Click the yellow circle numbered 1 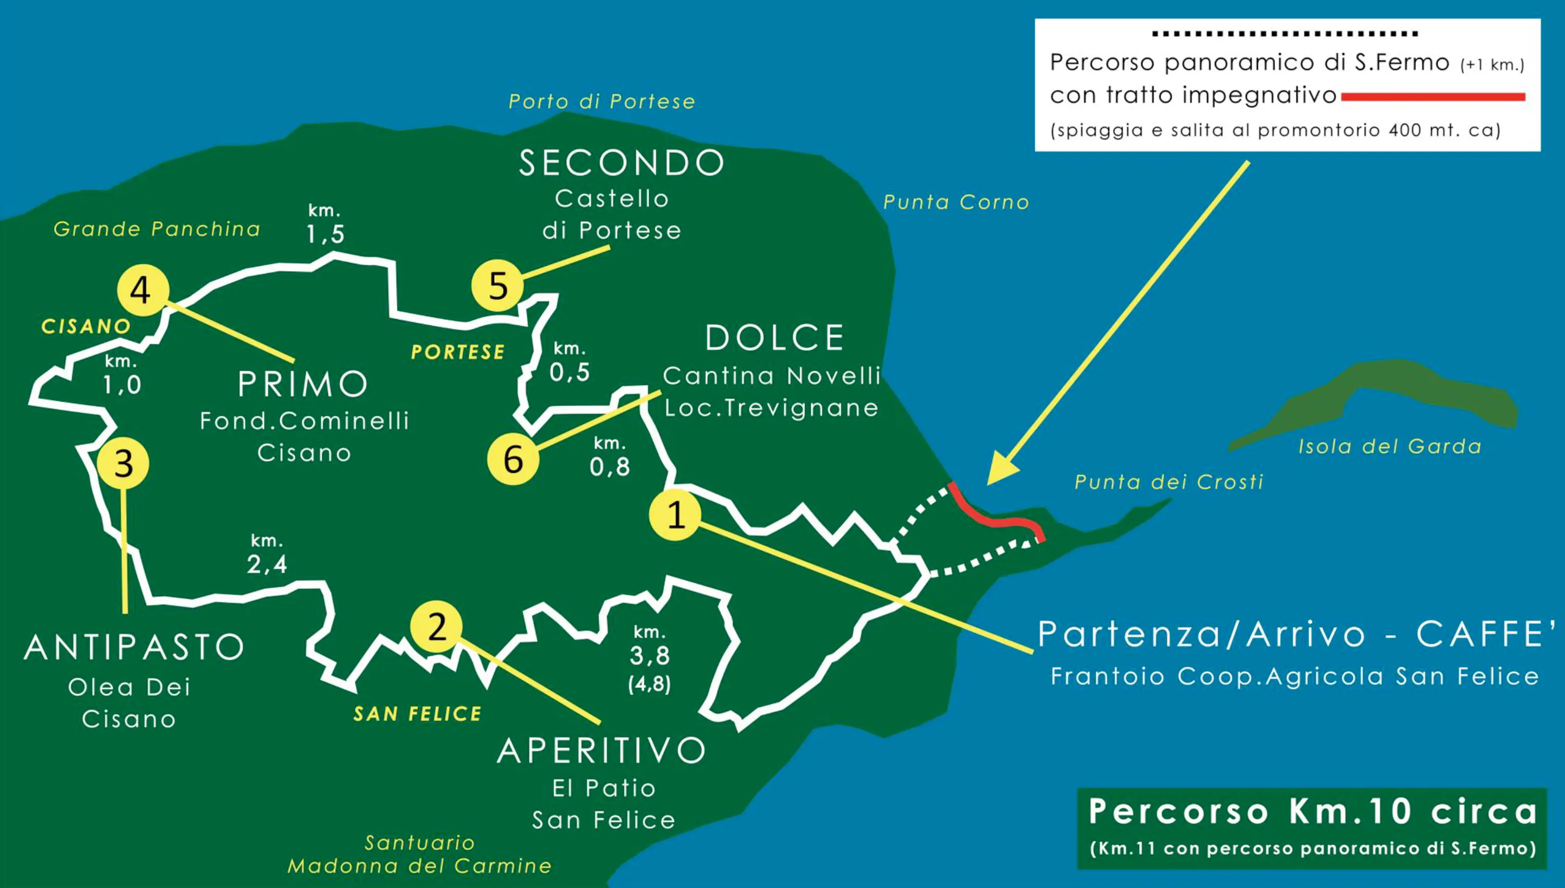coord(675,515)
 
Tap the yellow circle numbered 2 coord(436,626)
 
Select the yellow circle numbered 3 coord(123,464)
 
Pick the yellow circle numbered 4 coord(143,290)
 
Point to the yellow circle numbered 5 coord(498,285)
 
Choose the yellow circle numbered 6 coord(513,459)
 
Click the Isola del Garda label coord(1389,446)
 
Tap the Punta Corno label coord(956,202)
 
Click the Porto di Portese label coord(602,101)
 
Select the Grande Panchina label coord(157,229)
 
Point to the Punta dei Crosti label coord(1168,482)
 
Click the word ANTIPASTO coord(134,647)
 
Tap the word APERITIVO coord(602,750)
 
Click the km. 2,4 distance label coord(266,555)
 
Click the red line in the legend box coord(1433,97)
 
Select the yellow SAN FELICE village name coord(417,714)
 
